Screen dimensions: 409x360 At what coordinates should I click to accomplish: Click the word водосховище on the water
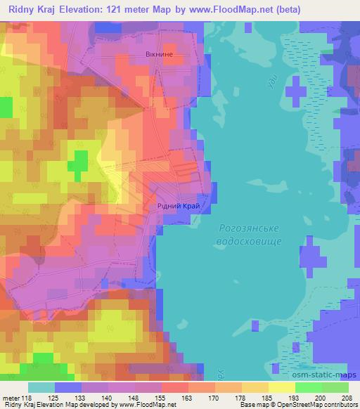tap(249, 241)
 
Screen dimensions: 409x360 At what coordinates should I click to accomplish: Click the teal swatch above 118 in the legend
tap(41, 387)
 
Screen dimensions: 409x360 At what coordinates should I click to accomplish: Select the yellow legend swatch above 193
tap(281, 387)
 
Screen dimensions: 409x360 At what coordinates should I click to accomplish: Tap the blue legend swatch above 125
tap(68, 387)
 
